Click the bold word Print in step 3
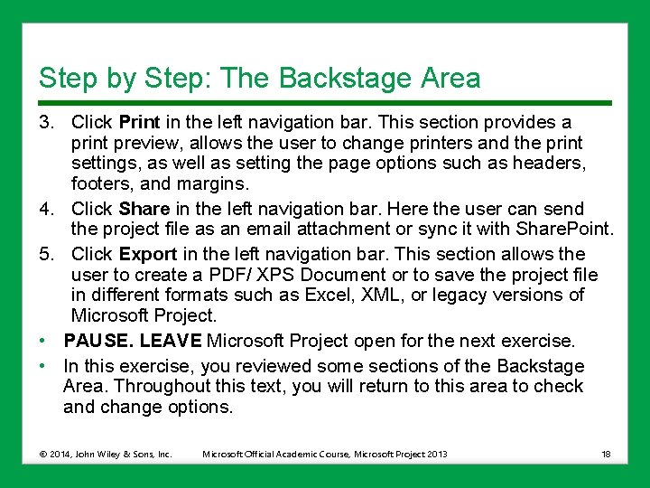pyautogui.click(x=139, y=122)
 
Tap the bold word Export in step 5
pyautogui.click(x=148, y=254)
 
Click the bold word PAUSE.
pyautogui.click(x=97, y=341)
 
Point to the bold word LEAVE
pyautogui.click(x=172, y=341)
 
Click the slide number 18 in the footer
pyautogui.click(x=606, y=454)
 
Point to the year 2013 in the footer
pyautogui.click(x=436, y=454)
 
